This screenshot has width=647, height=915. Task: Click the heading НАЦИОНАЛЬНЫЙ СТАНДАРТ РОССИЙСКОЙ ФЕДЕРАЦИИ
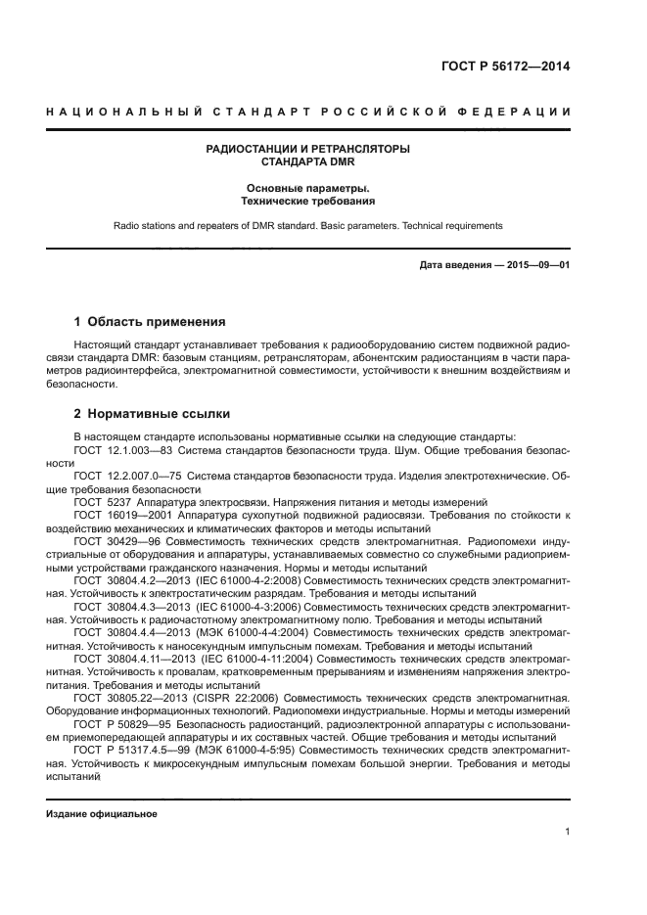click(x=308, y=113)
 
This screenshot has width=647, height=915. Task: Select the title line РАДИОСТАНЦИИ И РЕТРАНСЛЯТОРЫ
click(x=307, y=149)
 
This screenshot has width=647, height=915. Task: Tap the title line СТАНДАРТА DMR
click(x=307, y=162)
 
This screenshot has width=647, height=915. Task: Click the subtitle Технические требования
click(x=307, y=200)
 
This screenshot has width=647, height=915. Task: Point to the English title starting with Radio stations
click(x=307, y=225)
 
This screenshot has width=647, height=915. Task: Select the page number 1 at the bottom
click(x=567, y=832)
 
